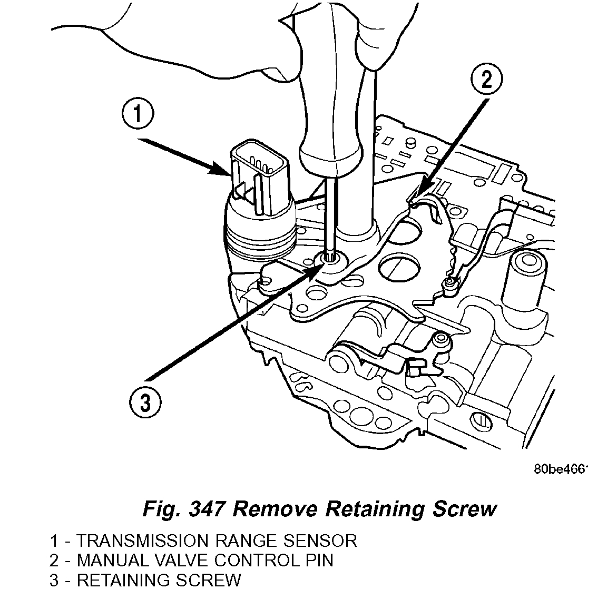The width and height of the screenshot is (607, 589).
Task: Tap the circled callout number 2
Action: pyautogui.click(x=485, y=80)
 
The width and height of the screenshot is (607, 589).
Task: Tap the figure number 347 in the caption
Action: pyautogui.click(x=201, y=509)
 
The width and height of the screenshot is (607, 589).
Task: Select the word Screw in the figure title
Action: pyautogui.click(x=464, y=509)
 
